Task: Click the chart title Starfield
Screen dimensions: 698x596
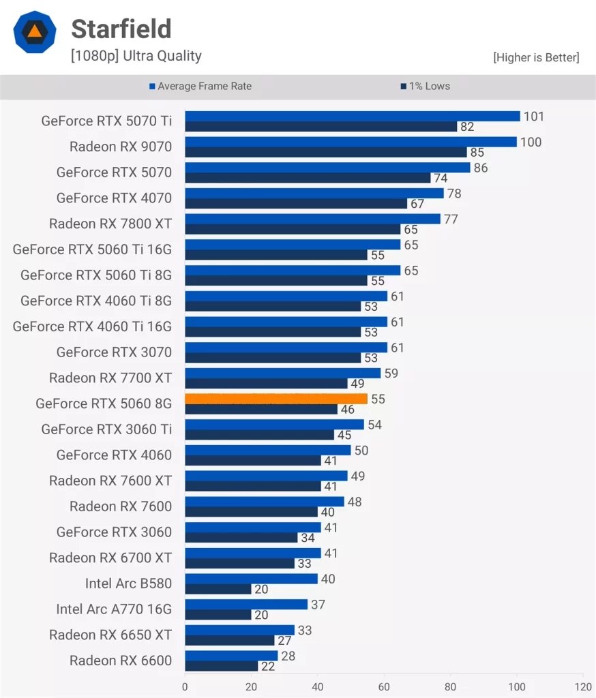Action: coord(121,29)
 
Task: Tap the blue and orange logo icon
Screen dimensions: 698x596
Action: coord(33,32)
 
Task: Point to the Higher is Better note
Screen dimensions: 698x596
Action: coord(536,58)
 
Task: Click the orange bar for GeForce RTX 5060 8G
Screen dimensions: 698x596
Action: coord(276,399)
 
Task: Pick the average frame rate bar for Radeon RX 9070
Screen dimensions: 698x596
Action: coord(351,142)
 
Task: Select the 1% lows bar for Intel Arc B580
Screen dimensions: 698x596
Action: coord(218,589)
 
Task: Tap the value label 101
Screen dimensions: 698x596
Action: coord(534,117)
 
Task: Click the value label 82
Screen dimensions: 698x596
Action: coord(467,127)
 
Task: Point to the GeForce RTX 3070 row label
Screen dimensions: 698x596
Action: coord(114,352)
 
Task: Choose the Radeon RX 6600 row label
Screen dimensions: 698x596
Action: coord(121,661)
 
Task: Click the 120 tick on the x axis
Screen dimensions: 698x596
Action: coord(583,686)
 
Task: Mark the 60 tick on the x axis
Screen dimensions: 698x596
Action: coord(384,686)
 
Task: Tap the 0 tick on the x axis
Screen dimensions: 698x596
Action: coord(185,686)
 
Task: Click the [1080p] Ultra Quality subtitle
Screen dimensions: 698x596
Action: coord(136,57)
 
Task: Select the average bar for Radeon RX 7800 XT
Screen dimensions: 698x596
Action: coord(312,219)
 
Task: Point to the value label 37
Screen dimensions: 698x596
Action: coord(318,605)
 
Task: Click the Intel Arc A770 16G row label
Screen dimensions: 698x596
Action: coord(114,609)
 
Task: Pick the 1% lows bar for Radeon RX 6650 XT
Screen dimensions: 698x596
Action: coord(229,641)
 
